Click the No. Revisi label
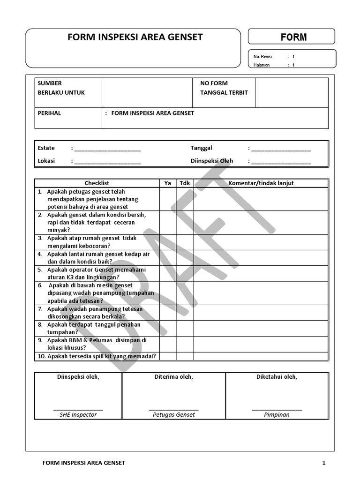pyautogui.click(x=262, y=57)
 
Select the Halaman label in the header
pyautogui.click(x=262, y=65)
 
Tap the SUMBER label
pyautogui.click(x=50, y=83)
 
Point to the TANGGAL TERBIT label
pyautogui.click(x=224, y=92)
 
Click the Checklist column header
pyautogui.click(x=97, y=183)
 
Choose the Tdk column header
pyautogui.click(x=185, y=183)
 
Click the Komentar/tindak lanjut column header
pyautogui.click(x=261, y=183)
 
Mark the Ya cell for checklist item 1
pyautogui.click(x=167, y=199)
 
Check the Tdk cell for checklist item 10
pyautogui.click(x=185, y=356)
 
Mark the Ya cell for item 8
pyautogui.click(x=167, y=328)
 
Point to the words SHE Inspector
pyautogui.click(x=78, y=415)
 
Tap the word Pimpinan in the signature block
pyautogui.click(x=277, y=415)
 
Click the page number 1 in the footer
pyautogui.click(x=323, y=463)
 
